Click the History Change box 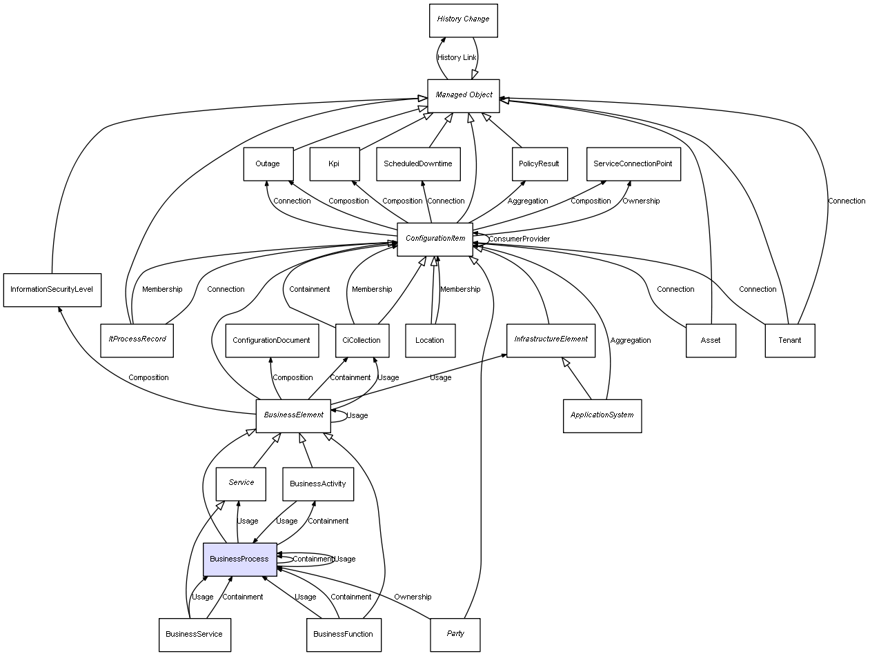(x=463, y=20)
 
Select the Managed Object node (x=463, y=95)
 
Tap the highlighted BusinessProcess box (x=239, y=559)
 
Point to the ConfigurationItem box (x=435, y=239)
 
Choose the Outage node (x=268, y=164)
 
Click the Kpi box (x=334, y=164)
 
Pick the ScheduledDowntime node (x=418, y=164)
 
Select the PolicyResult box (x=540, y=164)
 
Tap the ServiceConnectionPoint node (x=633, y=164)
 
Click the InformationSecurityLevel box (x=52, y=290)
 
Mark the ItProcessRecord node (x=137, y=340)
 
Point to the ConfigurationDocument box (x=271, y=340)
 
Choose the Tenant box (x=790, y=341)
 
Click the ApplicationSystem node (x=602, y=416)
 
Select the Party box (x=455, y=635)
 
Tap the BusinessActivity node (x=318, y=484)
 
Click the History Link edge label (x=457, y=58)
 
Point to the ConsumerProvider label (x=519, y=239)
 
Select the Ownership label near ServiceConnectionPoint (x=641, y=201)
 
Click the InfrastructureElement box (x=551, y=340)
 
